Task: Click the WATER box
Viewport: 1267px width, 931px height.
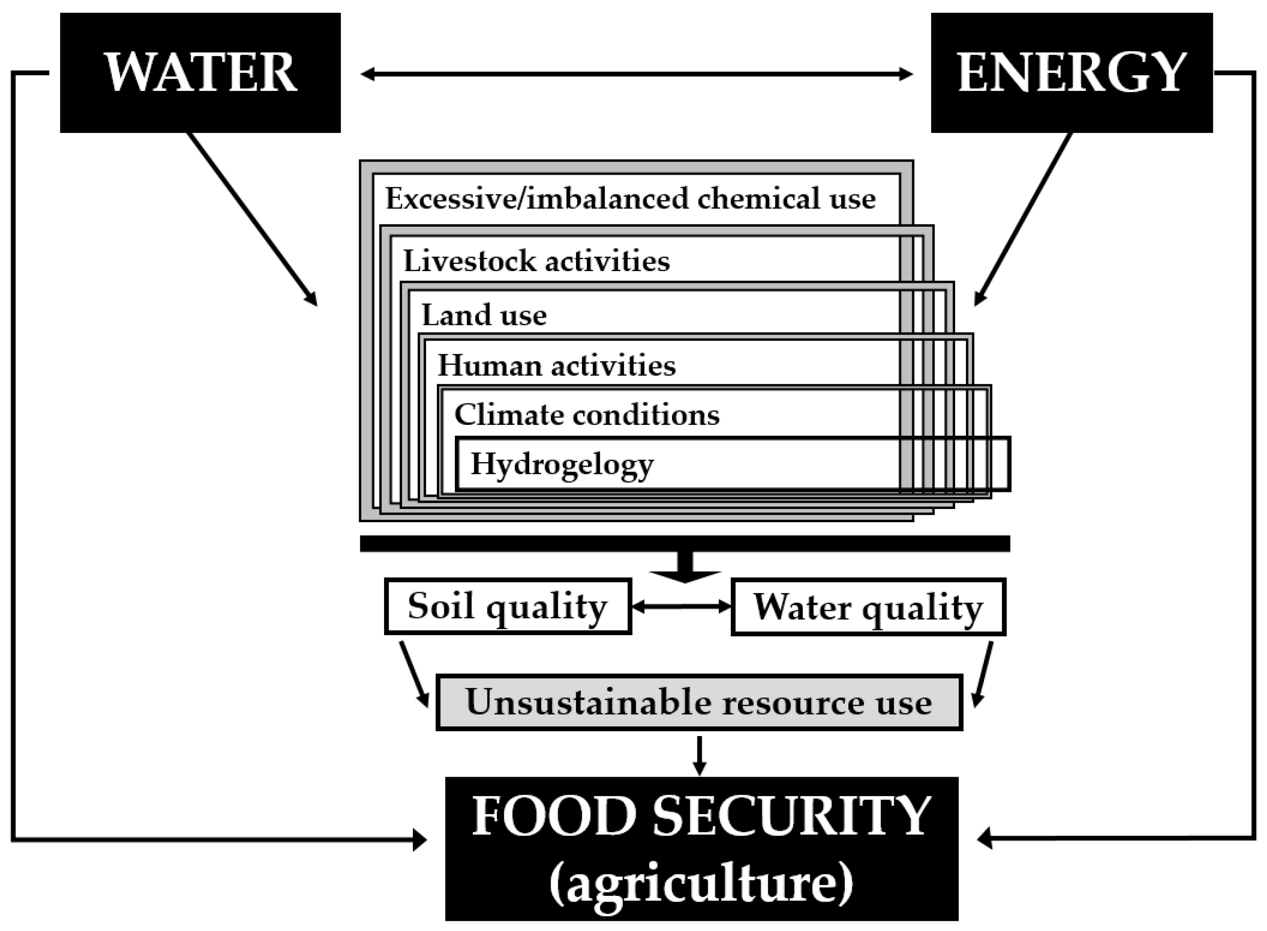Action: pos(200,73)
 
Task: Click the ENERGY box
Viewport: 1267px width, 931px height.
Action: pos(1071,73)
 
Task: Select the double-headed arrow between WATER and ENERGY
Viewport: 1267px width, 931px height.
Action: pos(636,74)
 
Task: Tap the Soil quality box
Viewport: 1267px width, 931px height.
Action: pos(507,606)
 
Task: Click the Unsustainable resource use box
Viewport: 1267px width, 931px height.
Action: pos(699,702)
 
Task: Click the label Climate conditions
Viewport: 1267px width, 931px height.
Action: pos(587,415)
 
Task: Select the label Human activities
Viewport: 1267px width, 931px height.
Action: pos(556,365)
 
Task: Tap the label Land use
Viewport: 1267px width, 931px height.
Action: pos(484,315)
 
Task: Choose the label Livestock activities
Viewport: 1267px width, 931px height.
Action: pos(536,261)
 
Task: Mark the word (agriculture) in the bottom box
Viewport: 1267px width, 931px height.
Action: pos(700,884)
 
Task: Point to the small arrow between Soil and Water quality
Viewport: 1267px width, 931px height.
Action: pos(681,606)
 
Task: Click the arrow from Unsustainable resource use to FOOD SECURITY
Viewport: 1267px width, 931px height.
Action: pos(699,755)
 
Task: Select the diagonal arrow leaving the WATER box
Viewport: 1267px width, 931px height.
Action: pos(252,219)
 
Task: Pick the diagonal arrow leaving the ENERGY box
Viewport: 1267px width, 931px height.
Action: pos(1023,219)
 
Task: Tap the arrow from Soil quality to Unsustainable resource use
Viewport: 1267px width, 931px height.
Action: pos(414,674)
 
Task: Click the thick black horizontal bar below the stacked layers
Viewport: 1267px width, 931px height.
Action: pos(684,543)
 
